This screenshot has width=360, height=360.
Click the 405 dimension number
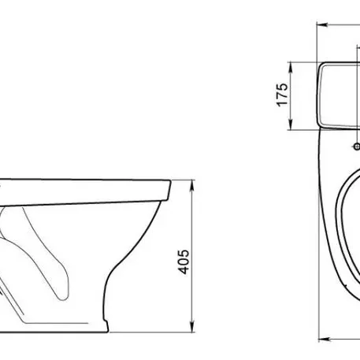pos(184,262)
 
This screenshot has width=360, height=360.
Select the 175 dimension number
pos(283,95)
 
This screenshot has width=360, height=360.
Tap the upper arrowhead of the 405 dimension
pos(192,185)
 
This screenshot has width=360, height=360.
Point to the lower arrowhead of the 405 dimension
pos(192,327)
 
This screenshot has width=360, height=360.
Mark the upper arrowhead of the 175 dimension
pos(291,68)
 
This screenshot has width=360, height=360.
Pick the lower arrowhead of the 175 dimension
pos(291,124)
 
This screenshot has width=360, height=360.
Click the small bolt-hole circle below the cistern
pos(357,147)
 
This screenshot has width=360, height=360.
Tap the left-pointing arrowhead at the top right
pos(322,25)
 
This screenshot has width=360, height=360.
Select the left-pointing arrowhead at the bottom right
pos(324,340)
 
